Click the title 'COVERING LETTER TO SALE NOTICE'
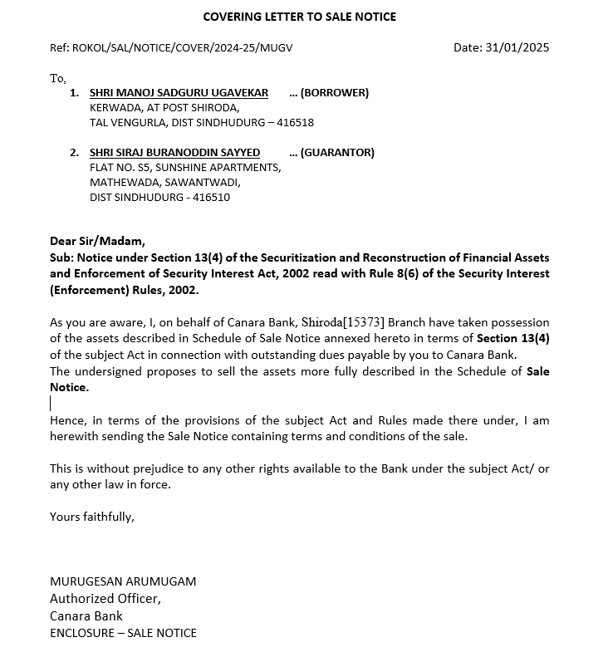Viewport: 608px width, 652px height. pyautogui.click(x=300, y=17)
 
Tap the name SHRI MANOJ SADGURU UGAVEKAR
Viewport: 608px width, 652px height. pyautogui.click(x=179, y=93)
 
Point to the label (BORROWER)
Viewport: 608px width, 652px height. pyautogui.click(x=335, y=93)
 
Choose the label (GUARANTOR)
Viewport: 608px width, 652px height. pyautogui.click(x=337, y=153)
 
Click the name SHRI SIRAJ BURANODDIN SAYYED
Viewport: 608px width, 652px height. pyautogui.click(x=174, y=153)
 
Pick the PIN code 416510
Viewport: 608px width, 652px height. pyautogui.click(x=211, y=198)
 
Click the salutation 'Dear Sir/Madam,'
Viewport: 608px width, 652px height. pyautogui.click(x=97, y=242)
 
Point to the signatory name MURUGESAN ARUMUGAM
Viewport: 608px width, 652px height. pyautogui.click(x=123, y=581)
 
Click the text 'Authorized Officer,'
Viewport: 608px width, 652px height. pyautogui.click(x=105, y=599)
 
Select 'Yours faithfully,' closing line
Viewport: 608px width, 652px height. pyautogui.click(x=91, y=517)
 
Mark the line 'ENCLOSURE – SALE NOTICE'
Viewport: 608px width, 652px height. pyautogui.click(x=123, y=633)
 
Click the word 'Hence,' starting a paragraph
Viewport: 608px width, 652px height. pyautogui.click(x=67, y=421)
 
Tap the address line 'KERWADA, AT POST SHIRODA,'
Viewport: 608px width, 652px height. pyautogui.click(x=164, y=108)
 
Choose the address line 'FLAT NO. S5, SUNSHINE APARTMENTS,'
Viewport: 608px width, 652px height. pyautogui.click(x=185, y=168)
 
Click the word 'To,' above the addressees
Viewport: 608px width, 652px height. pyautogui.click(x=57, y=78)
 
